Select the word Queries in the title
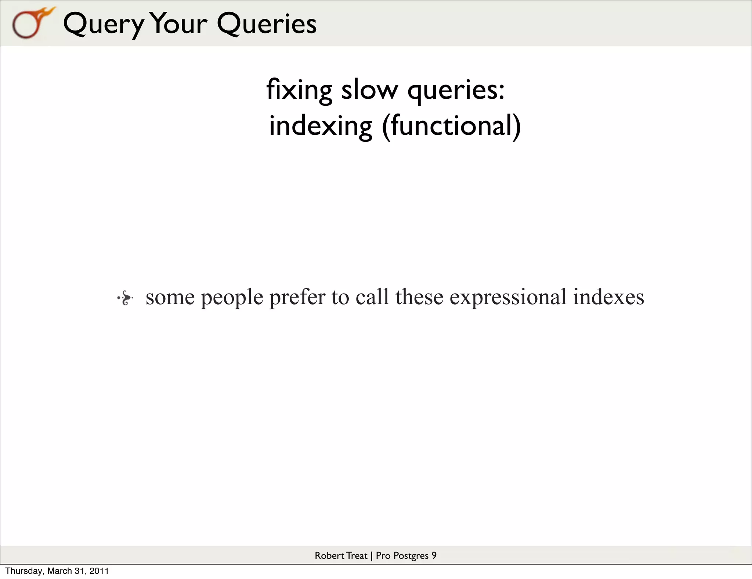266,24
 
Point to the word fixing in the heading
299,90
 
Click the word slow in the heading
369,90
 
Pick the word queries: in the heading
456,90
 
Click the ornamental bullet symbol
125,298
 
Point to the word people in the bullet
232,297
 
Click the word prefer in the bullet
297,297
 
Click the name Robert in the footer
329,555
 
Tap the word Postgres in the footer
411,556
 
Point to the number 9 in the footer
434,555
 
